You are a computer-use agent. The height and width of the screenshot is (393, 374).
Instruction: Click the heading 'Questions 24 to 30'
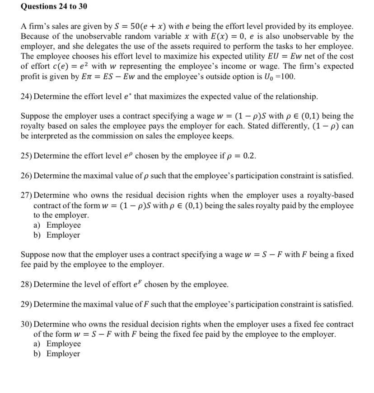pyautogui.click(x=47, y=6)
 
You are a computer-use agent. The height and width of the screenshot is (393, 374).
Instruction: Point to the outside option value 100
pyautogui.click(x=287, y=76)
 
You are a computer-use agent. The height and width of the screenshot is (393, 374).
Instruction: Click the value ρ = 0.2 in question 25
pyautogui.click(x=243, y=156)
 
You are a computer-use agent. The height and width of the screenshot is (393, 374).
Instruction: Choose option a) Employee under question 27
pyautogui.click(x=57, y=225)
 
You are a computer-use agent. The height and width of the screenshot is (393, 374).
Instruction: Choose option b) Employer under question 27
pyautogui.click(x=57, y=235)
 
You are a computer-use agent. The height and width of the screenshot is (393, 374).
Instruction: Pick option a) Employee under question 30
pyautogui.click(x=57, y=344)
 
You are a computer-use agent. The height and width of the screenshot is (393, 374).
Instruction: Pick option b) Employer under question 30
pyautogui.click(x=57, y=354)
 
